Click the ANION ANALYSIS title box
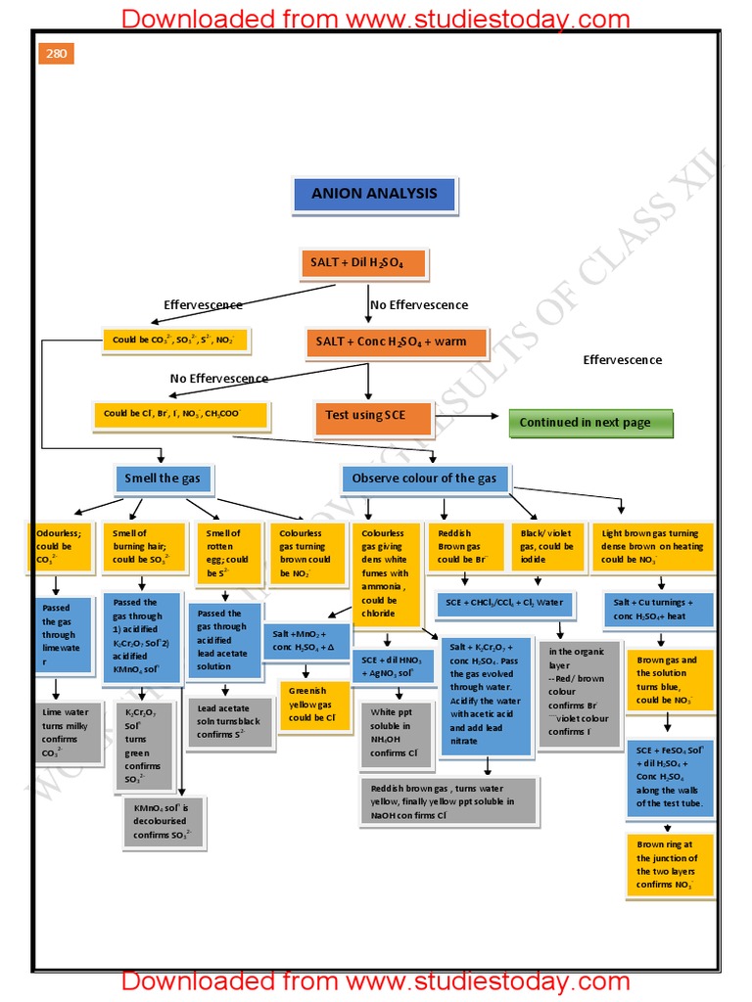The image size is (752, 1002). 374,194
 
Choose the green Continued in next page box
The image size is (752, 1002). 591,423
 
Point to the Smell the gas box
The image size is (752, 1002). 163,478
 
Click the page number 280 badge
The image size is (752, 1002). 57,54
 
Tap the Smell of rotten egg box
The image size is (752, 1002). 227,553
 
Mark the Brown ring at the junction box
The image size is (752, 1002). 670,864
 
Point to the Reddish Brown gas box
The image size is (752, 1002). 463,546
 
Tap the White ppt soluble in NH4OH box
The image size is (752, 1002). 395,732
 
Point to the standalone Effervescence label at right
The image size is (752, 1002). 622,360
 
